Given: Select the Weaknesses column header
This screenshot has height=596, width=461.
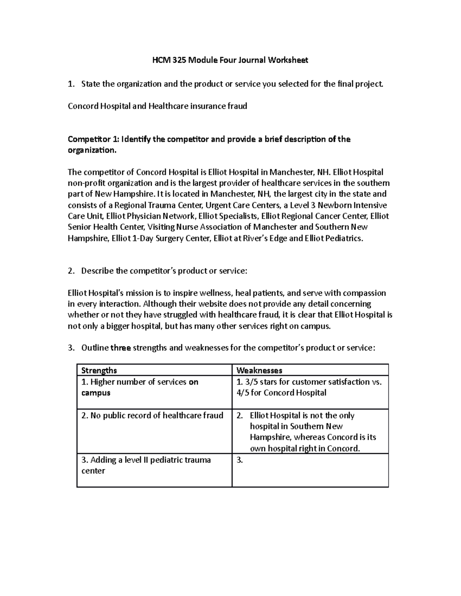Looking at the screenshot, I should point(259,370).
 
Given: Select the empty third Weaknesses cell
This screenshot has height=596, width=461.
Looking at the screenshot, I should point(310,470).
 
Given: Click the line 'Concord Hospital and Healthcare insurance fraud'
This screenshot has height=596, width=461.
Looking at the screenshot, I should point(157,106).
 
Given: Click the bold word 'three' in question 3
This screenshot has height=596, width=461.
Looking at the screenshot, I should point(121,348).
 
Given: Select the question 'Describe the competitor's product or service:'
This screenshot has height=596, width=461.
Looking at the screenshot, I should point(164,271).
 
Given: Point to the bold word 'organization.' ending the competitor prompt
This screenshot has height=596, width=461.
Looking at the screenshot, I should point(91,150).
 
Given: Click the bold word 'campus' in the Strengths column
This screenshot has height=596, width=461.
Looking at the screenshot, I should point(96,393).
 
